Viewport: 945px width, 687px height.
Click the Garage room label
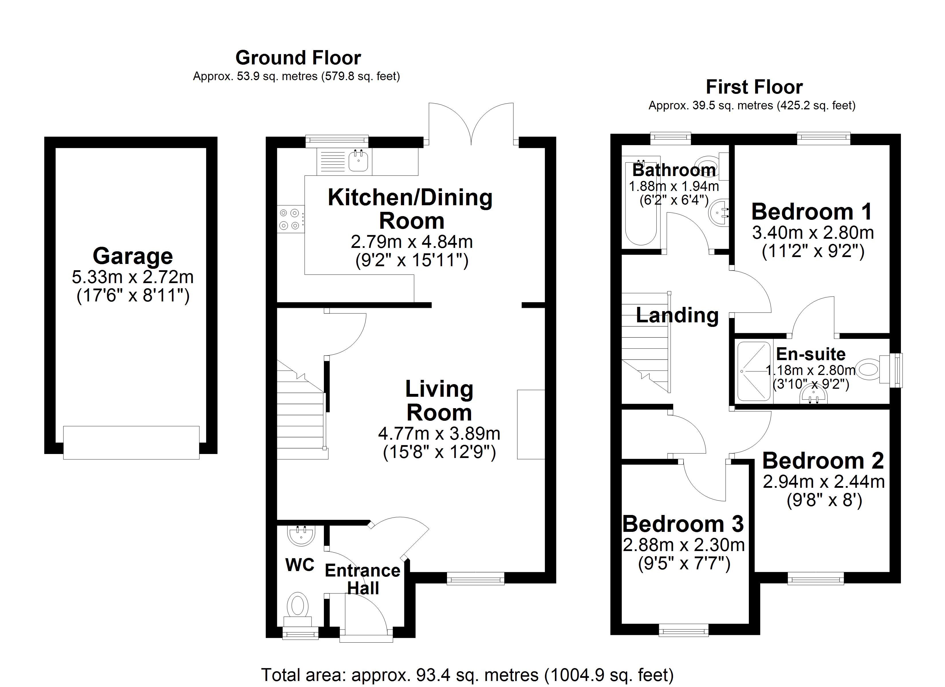(133, 256)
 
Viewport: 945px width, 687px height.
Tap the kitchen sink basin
(358, 161)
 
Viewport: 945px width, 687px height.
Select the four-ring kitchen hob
(290, 219)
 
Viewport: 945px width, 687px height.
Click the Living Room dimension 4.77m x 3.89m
(439, 434)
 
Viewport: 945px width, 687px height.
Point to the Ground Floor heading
(298, 58)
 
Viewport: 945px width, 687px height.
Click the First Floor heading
(754, 87)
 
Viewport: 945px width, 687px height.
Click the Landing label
(677, 315)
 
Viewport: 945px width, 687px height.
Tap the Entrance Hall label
(363, 579)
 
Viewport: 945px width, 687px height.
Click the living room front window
(475, 578)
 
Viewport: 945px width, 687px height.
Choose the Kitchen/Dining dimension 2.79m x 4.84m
(412, 242)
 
